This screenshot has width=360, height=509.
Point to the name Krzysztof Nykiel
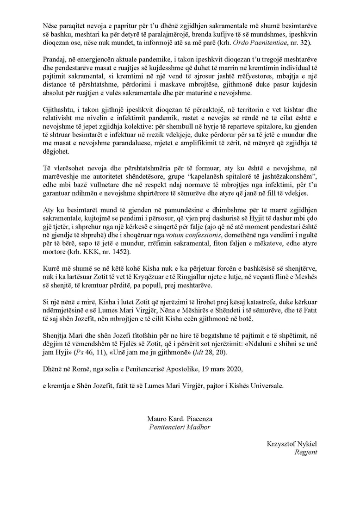(x=292, y=444)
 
